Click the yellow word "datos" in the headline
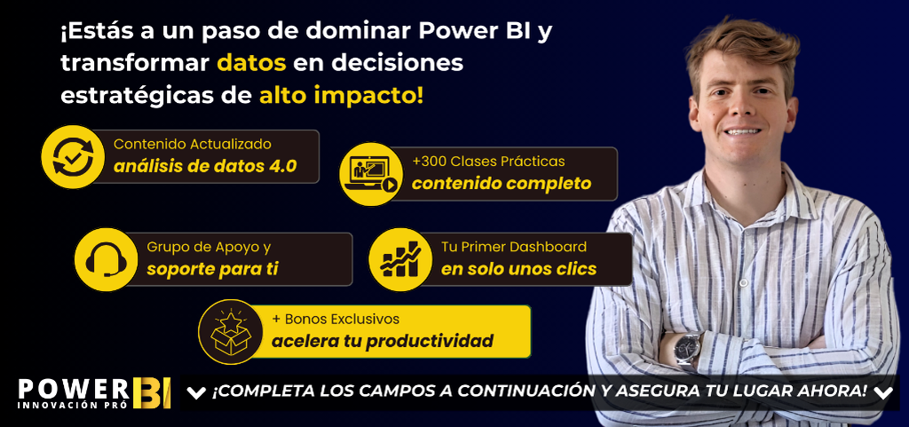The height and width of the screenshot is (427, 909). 251,63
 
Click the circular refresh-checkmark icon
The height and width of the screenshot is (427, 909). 73,156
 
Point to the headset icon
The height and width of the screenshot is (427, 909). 107,259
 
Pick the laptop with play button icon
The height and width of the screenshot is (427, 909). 371,174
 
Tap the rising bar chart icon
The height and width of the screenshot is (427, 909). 400,259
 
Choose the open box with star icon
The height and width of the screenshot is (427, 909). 230,331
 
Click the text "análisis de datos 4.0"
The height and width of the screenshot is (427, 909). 205,166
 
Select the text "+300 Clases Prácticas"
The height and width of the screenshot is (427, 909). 489,161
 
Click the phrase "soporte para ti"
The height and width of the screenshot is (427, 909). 212,269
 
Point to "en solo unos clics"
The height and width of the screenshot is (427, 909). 518,269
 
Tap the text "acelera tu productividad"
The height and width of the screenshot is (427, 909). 383,341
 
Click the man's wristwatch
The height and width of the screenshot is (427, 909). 688,349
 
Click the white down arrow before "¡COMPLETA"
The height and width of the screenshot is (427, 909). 196,393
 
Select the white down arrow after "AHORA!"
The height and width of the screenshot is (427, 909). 883,393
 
